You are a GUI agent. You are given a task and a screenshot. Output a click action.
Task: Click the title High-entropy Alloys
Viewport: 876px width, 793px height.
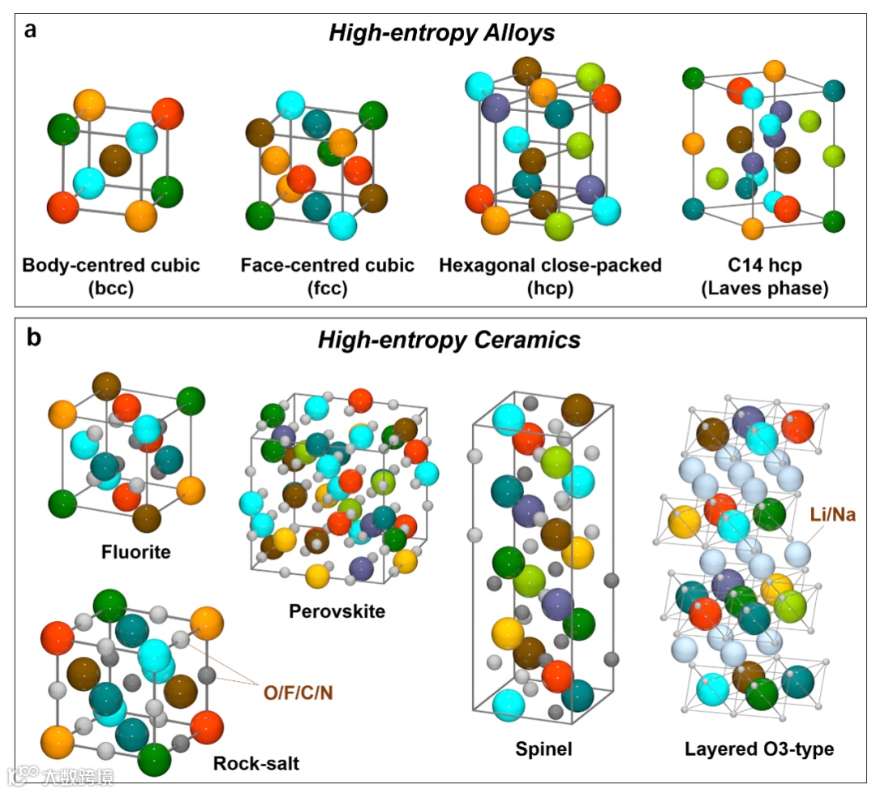coord(441,33)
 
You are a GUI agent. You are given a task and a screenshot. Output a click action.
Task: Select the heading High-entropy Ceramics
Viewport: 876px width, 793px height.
coord(449,340)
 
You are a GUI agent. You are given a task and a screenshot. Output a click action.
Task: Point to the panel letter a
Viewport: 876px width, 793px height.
coord(31,31)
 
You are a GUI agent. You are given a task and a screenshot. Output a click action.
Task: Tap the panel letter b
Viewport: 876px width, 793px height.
coord(33,336)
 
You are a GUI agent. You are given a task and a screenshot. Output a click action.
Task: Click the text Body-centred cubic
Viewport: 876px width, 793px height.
coord(111,265)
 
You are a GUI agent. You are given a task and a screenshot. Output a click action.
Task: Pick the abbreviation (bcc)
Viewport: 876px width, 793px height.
coord(111,288)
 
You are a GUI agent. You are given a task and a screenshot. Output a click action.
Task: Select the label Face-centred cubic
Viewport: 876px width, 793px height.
coord(328,265)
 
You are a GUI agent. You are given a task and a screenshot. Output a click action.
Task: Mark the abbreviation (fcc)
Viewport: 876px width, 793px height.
coord(328,288)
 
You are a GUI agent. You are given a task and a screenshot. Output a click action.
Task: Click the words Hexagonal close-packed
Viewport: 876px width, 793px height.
coord(550,265)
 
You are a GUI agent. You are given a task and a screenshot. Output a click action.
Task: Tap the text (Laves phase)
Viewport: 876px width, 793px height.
coord(765,288)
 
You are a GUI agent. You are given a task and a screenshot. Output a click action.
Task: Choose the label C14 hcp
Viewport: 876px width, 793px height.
coord(765,265)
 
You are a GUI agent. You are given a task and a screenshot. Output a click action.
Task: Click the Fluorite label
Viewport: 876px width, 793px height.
coord(136,552)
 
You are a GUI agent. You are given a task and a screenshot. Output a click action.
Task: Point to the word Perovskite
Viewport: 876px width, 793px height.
coord(337,610)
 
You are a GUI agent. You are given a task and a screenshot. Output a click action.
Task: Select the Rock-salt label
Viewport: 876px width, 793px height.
coord(256,763)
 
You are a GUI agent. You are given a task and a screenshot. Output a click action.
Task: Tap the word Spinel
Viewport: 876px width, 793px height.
coord(543,749)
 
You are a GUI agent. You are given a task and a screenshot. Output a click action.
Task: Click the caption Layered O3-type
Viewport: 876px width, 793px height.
coord(758,749)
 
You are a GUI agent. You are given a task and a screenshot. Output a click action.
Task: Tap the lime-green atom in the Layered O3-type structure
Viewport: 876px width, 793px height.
coord(790,604)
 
